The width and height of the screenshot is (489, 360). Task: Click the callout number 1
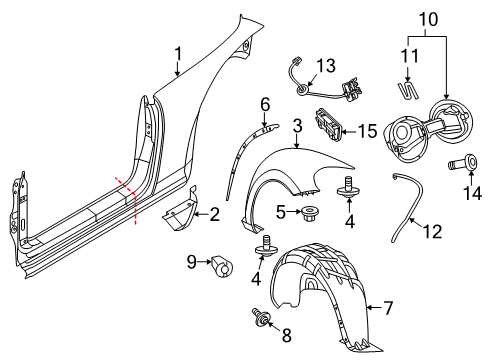[x=179, y=54]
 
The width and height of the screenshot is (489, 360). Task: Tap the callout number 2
[x=214, y=214]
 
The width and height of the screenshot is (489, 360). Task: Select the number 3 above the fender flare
[x=298, y=126]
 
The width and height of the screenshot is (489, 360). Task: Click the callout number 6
[x=265, y=106]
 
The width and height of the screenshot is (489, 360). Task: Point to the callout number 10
[x=428, y=19]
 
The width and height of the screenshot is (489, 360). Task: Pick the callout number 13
[x=326, y=65]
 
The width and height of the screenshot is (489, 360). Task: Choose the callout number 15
[x=368, y=131]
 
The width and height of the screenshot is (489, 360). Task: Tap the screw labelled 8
[x=261, y=317]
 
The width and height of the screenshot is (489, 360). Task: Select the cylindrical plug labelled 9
[x=223, y=266]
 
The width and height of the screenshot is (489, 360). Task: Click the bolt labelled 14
[x=463, y=162]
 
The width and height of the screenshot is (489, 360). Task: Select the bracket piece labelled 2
[x=180, y=210]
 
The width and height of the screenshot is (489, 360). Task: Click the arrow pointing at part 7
[x=374, y=308]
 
